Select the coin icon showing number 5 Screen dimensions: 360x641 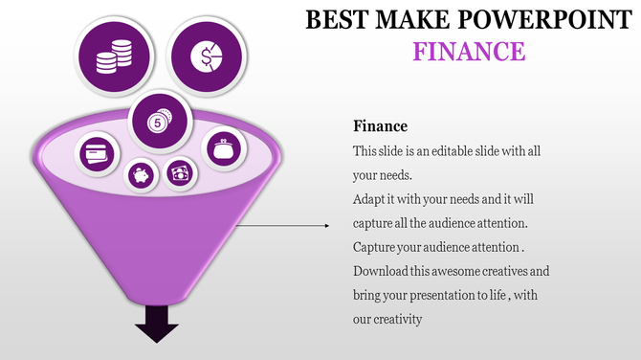pos(157,122)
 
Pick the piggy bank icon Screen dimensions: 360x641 pos(143,175)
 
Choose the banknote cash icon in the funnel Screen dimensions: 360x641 pos(180,173)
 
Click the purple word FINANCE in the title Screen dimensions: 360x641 pos(469,50)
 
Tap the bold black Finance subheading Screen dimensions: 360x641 pos(380,126)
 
